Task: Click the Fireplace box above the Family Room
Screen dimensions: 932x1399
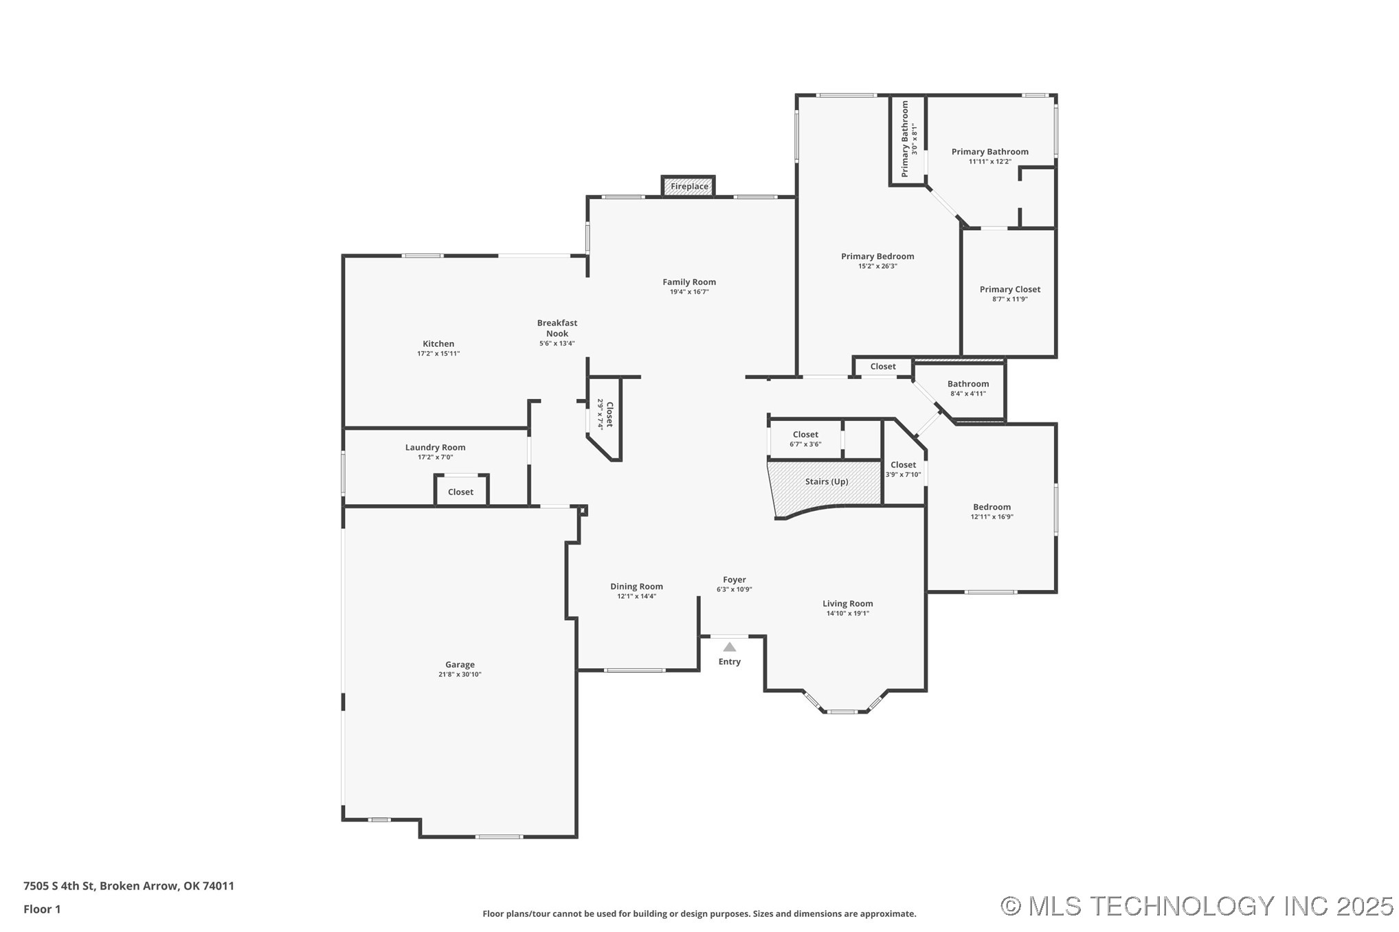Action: [x=689, y=186]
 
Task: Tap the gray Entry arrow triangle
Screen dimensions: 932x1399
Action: [x=729, y=647]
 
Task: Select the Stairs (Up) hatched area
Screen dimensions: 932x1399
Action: [x=826, y=483]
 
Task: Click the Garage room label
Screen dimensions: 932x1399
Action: [x=460, y=664]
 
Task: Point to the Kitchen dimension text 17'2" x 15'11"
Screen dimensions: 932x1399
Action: [x=438, y=354]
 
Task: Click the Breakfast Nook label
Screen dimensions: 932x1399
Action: [x=557, y=328]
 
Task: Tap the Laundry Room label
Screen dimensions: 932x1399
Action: [x=435, y=447]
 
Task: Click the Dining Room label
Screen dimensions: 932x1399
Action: [x=636, y=586]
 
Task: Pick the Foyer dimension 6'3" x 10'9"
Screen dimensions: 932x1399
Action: [x=734, y=589]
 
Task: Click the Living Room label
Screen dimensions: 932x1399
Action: [x=847, y=604]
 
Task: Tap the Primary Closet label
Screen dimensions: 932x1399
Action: [x=1009, y=289]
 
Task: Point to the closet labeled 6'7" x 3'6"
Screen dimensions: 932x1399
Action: [x=805, y=439]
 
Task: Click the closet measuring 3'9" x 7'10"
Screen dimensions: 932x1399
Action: [x=903, y=469]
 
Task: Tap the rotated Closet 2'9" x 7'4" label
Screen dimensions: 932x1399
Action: [x=605, y=414]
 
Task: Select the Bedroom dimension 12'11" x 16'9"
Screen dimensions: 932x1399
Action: [x=992, y=517]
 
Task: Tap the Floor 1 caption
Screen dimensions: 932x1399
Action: [x=42, y=909]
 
